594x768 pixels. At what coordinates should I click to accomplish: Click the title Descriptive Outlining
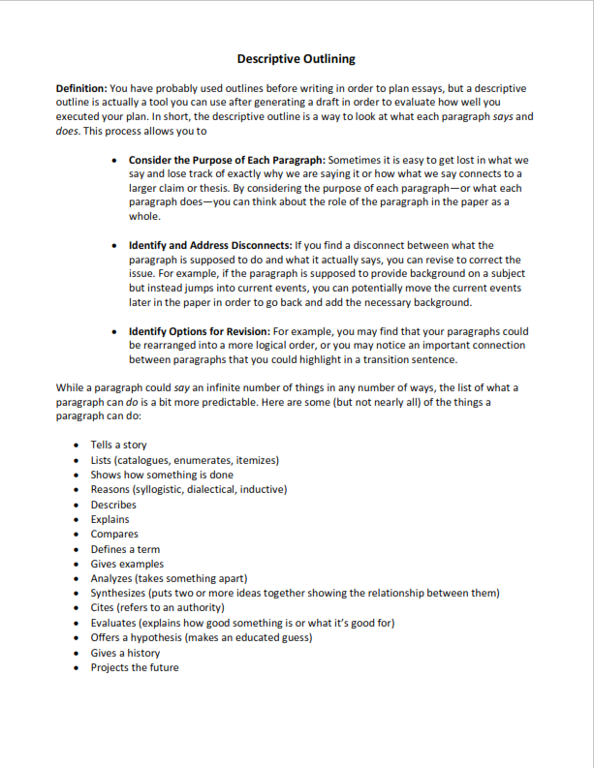point(296,59)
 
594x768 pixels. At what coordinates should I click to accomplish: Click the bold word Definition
point(81,88)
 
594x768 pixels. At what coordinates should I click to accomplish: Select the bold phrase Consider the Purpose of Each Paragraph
point(227,160)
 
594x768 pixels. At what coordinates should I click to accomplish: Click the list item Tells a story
point(118,445)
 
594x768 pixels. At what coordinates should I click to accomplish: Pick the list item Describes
point(113,505)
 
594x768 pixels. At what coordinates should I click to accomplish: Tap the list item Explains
point(109,519)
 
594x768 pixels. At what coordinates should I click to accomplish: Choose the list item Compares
point(114,534)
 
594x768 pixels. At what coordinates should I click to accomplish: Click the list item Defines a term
point(125,549)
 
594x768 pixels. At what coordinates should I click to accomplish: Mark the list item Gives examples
point(127,564)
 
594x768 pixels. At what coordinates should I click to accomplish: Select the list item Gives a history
point(125,653)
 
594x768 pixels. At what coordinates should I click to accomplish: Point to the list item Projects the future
point(135,667)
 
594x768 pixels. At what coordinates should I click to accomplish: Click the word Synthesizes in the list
point(120,593)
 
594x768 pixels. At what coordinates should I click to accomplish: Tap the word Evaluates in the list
point(113,623)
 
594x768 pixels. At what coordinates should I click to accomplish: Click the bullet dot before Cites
point(78,608)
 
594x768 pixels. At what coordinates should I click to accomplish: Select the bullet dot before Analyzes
point(78,578)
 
